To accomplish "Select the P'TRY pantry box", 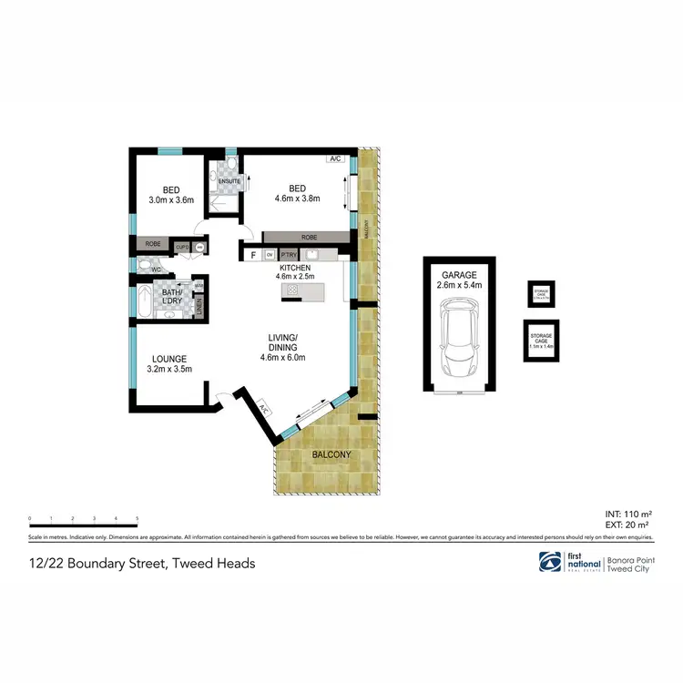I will pyautogui.click(x=289, y=255).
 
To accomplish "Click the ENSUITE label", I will pyautogui.click(x=229, y=181).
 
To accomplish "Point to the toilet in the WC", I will pyautogui.click(x=146, y=267).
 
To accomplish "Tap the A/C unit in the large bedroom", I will pyautogui.click(x=335, y=159).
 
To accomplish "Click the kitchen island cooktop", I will pyautogui.click(x=292, y=290).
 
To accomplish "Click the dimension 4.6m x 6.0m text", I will pyautogui.click(x=282, y=357).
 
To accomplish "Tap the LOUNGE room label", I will pyautogui.click(x=168, y=359).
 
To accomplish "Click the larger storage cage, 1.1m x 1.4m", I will pyautogui.click(x=542, y=341).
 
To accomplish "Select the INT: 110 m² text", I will pyautogui.click(x=627, y=514).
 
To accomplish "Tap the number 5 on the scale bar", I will pyautogui.click(x=137, y=519).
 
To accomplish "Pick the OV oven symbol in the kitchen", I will pyautogui.click(x=270, y=255).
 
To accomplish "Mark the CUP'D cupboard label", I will pyautogui.click(x=181, y=246).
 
